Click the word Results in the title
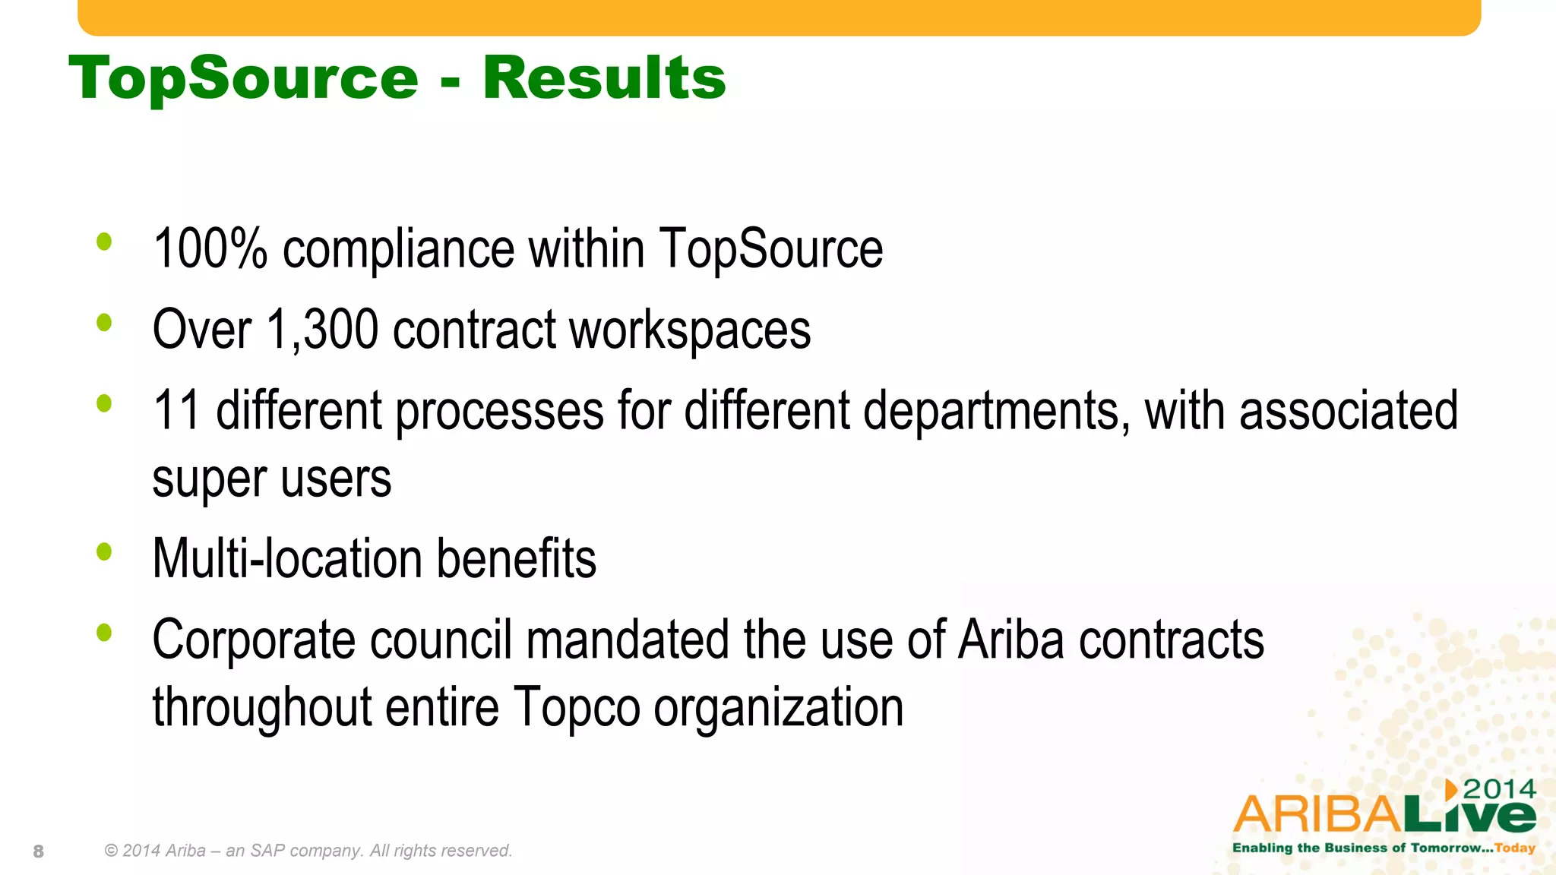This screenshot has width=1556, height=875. [604, 77]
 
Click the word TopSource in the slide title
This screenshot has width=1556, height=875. [243, 79]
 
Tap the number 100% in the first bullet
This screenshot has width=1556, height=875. [210, 248]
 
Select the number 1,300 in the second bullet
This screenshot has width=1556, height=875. [322, 330]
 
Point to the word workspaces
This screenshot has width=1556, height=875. [690, 330]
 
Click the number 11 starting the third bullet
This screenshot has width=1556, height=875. [176, 410]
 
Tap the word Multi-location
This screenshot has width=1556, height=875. [287, 559]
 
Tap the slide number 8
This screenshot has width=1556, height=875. [39, 851]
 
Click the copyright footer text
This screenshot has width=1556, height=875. [308, 851]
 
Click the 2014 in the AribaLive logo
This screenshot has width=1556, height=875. [1499, 789]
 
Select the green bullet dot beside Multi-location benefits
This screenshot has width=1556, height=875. [104, 551]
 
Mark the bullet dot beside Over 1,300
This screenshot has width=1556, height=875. [104, 323]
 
